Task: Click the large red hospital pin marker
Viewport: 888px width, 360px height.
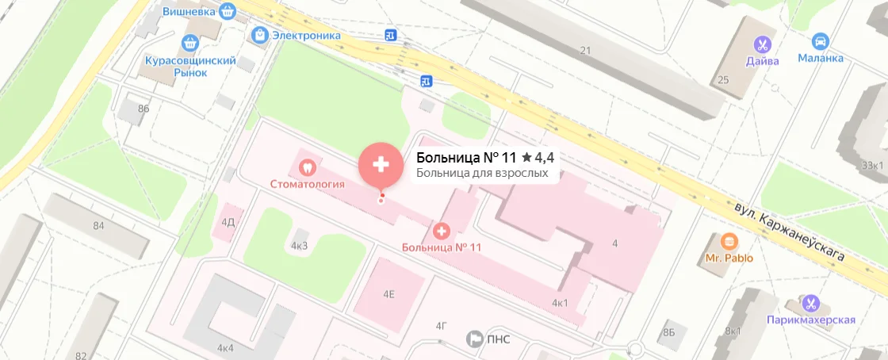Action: point(381,164)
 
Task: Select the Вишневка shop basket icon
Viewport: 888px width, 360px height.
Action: point(228,11)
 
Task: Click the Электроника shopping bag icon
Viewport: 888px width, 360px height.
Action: point(259,35)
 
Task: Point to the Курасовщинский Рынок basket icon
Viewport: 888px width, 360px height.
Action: point(189,43)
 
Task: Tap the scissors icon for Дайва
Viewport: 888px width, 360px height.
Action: point(762,44)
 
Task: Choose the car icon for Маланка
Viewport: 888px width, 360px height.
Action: point(821,41)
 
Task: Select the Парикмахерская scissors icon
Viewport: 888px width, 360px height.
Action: point(810,303)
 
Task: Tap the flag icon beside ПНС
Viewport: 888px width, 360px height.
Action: point(475,339)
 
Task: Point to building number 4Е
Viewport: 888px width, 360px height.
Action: point(388,294)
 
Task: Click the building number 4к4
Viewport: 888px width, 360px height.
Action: point(226,347)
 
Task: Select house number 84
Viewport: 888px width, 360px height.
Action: point(98,226)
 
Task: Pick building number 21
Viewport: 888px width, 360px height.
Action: point(586,51)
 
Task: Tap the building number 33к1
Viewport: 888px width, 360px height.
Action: point(872,165)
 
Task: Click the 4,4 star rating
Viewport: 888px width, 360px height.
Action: point(538,158)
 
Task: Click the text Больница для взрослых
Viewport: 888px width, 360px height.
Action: point(482,172)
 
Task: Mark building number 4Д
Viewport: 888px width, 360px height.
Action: point(228,222)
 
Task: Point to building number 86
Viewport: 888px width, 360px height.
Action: point(144,108)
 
